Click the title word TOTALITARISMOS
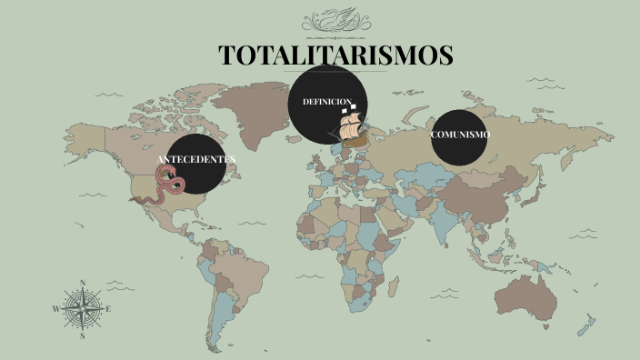(x=336, y=55)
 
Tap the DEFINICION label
(x=327, y=101)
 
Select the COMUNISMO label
(x=460, y=135)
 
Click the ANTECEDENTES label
(x=196, y=159)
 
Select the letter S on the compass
(x=83, y=335)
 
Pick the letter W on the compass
(x=56, y=309)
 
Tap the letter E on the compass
(x=109, y=309)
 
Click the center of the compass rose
(x=83, y=309)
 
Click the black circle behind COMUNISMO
(x=460, y=150)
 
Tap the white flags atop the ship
(x=349, y=107)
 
